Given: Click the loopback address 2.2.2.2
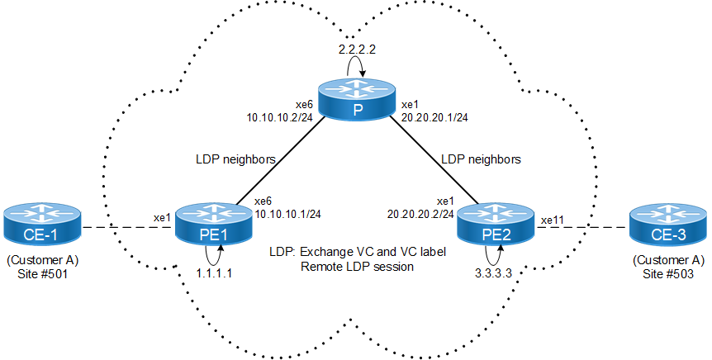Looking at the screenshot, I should click(357, 50).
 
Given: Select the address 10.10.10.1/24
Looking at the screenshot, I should click(288, 214).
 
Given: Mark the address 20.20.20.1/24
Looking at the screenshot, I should click(434, 117).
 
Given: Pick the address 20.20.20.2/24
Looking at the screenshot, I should click(420, 214).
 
